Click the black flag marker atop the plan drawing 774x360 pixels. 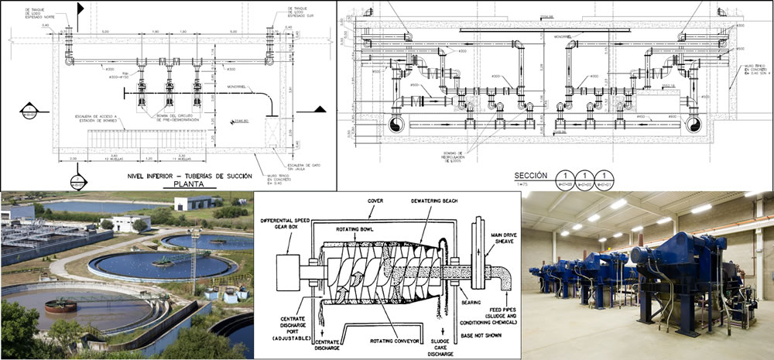coord(80,9)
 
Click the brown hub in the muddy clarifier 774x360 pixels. coord(58,306)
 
